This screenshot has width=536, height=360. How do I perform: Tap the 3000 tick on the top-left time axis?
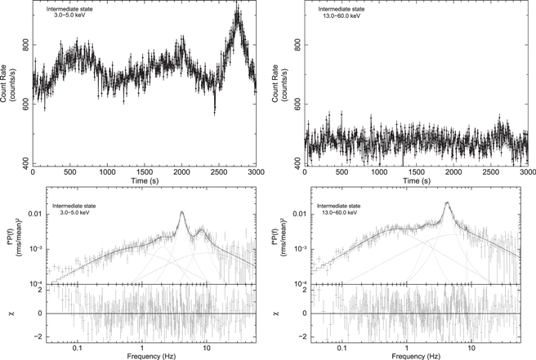coord(256,173)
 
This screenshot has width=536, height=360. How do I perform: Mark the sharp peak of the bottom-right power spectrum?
coord(447,202)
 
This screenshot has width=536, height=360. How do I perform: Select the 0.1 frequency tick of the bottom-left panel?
coord(78,347)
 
